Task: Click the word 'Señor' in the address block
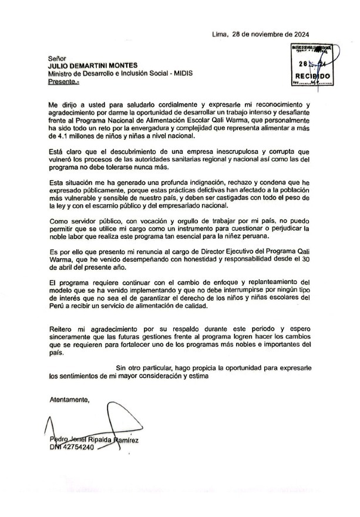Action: point(58,59)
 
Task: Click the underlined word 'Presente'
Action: point(65,82)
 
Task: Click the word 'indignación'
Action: point(213,184)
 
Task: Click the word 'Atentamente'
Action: point(69,400)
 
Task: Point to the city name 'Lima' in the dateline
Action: point(220,35)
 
